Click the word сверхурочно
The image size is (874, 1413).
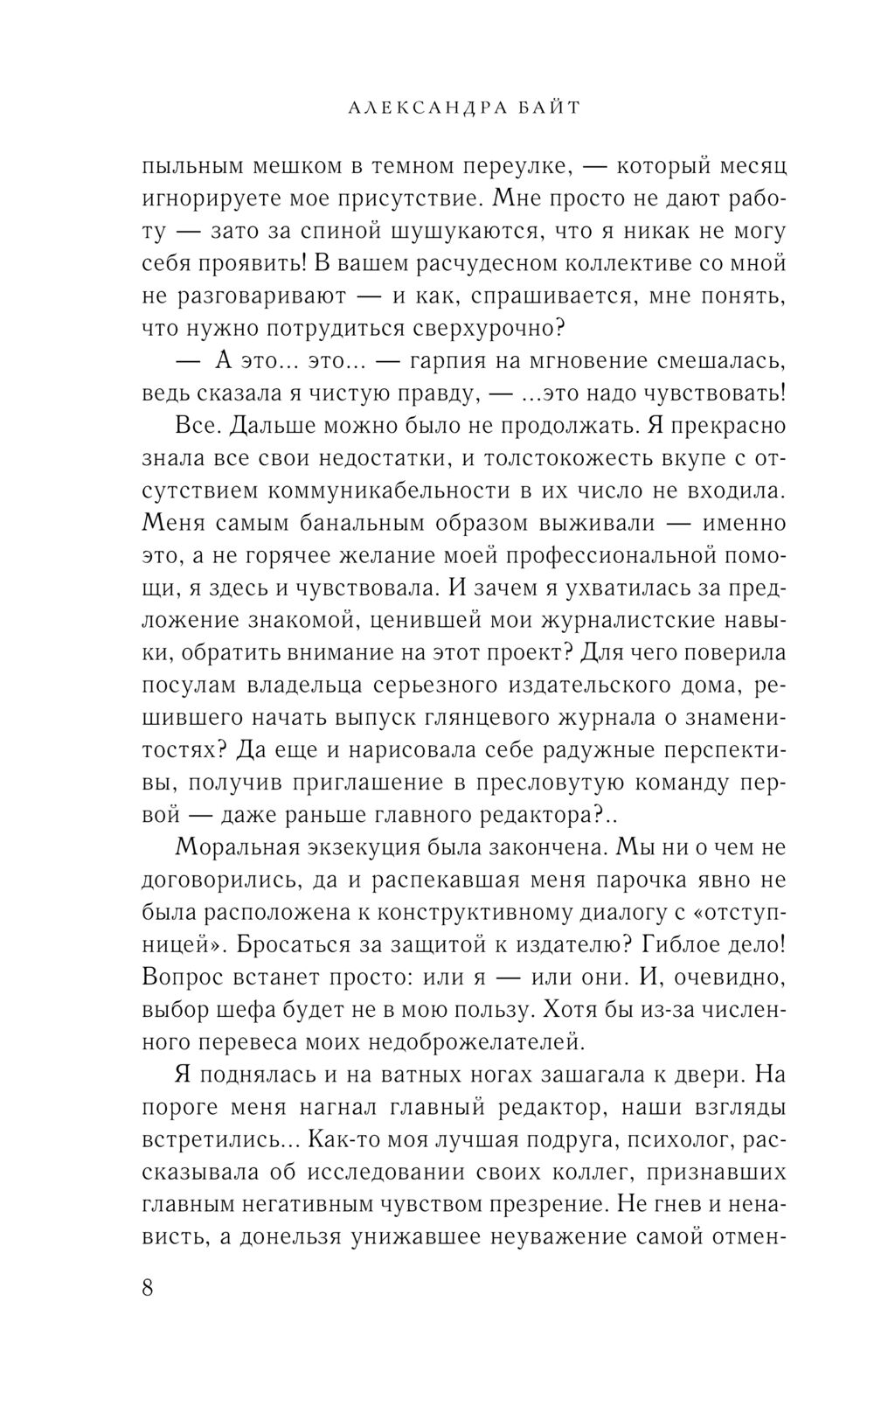pos(476,329)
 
